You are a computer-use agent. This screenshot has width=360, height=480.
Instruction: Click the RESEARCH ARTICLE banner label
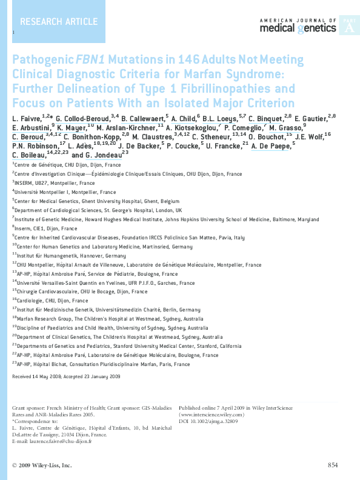[x=55, y=22]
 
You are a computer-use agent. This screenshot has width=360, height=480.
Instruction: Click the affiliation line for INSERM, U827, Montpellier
[x=55, y=182]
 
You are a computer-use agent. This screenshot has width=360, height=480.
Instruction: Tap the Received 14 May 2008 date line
[x=67, y=376]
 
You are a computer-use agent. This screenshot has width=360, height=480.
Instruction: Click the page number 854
[x=332, y=465]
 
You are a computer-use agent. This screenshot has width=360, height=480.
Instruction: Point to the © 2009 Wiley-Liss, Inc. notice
[x=41, y=465]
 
